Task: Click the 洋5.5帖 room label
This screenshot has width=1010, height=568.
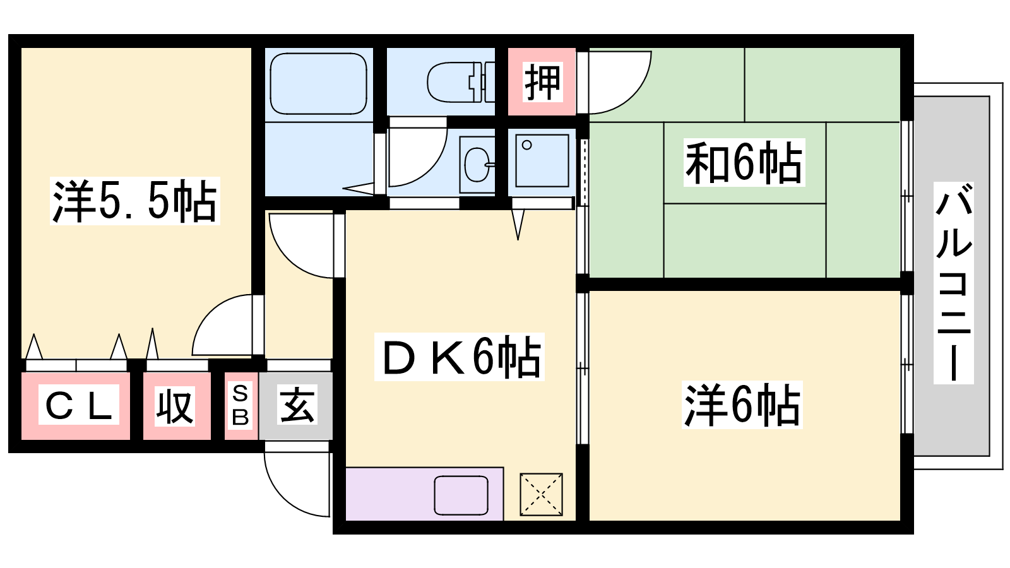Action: click(135, 201)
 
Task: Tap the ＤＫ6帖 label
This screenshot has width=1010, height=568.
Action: click(460, 357)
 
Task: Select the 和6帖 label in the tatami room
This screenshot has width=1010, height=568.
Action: click(744, 162)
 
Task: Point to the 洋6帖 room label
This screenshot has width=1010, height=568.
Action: click(742, 405)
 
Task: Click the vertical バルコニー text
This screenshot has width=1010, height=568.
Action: click(953, 283)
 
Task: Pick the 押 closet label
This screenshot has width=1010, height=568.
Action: click(542, 82)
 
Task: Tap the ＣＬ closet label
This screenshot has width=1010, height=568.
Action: click(78, 405)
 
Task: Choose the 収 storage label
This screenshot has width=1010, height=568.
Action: click(175, 406)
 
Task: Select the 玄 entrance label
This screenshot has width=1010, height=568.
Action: click(297, 405)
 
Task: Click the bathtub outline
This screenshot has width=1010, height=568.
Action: click(318, 84)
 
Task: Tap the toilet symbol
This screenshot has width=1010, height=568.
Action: click(461, 82)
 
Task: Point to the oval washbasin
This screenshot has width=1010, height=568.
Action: click(477, 164)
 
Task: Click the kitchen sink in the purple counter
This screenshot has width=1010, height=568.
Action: click(461, 495)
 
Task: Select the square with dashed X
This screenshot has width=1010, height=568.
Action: click(541, 494)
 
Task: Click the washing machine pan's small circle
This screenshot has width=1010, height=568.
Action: click(526, 145)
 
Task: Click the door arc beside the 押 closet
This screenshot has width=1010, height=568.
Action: click(636, 95)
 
